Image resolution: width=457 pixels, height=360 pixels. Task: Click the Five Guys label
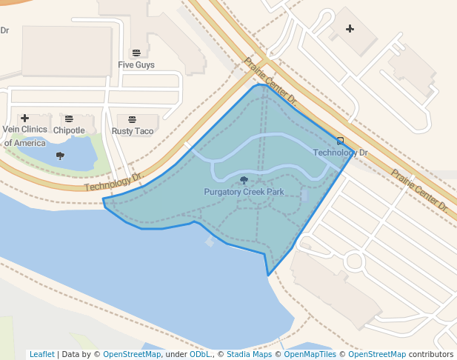[x=136, y=65]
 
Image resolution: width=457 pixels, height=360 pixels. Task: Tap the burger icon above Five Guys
[x=136, y=53]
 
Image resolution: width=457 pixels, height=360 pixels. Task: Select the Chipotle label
[x=69, y=130]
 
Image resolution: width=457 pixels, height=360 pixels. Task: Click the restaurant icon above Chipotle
[x=69, y=119]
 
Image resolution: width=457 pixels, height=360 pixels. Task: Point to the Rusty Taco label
[x=133, y=131]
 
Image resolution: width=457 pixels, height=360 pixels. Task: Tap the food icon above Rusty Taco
[x=132, y=119]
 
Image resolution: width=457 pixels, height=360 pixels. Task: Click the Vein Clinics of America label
[x=25, y=136]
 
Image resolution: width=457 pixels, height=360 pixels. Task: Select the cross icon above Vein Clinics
[x=24, y=119]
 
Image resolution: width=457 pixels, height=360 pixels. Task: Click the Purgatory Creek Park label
[x=244, y=192]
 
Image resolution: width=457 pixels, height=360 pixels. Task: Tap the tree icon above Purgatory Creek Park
[x=244, y=181]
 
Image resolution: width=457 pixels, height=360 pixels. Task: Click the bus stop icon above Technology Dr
[x=340, y=141]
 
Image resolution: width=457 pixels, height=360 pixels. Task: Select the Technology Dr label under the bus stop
[x=340, y=153]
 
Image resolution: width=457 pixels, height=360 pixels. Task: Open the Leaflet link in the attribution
[x=41, y=354]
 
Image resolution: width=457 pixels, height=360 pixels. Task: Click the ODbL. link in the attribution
[x=199, y=354]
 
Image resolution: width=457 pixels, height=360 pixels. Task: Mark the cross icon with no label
[x=350, y=29]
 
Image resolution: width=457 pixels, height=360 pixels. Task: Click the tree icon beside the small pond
[x=60, y=156]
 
